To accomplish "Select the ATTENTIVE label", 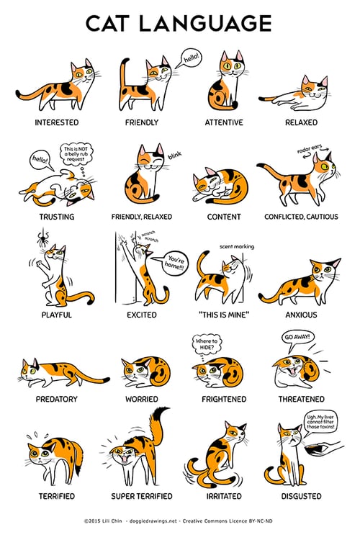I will point(224,122).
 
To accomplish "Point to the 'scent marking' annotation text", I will point(237,246).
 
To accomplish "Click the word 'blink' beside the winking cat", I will point(175,155).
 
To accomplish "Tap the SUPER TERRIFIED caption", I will point(142,496).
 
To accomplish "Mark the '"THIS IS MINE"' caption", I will point(223,315).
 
